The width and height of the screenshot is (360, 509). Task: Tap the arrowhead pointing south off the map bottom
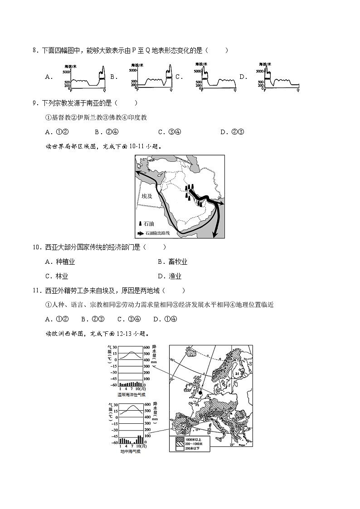(x=214, y=234)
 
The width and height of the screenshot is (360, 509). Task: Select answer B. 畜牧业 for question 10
(x=172, y=262)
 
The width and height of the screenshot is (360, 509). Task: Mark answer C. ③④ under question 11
(x=129, y=319)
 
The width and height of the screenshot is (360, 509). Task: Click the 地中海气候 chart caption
(x=131, y=451)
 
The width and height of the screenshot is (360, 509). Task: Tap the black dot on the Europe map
(x=200, y=393)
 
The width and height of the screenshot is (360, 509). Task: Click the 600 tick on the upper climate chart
(x=147, y=348)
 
